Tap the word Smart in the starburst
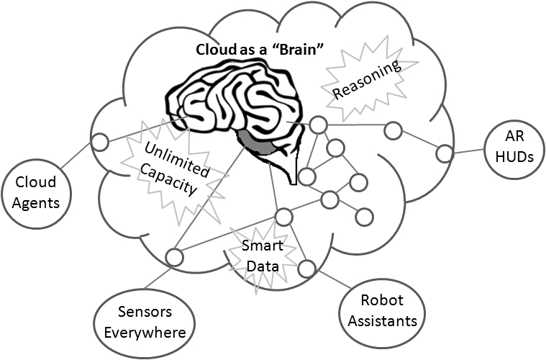(263, 247)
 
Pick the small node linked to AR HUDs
(445, 153)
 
